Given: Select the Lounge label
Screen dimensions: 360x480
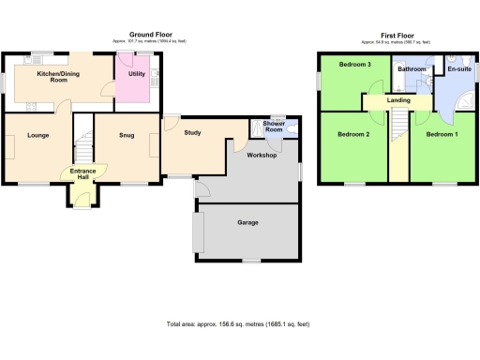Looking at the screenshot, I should tap(38, 136).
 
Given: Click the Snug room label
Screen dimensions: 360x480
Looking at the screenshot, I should tap(127, 136).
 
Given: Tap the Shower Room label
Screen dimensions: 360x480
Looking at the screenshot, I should tap(274, 126).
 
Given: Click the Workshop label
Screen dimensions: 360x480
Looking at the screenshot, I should tap(262, 155).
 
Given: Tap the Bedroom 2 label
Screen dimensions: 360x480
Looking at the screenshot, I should tap(353, 135).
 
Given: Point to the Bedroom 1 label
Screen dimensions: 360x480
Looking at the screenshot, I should tap(442, 135).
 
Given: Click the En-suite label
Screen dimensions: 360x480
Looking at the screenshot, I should tap(459, 69).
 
